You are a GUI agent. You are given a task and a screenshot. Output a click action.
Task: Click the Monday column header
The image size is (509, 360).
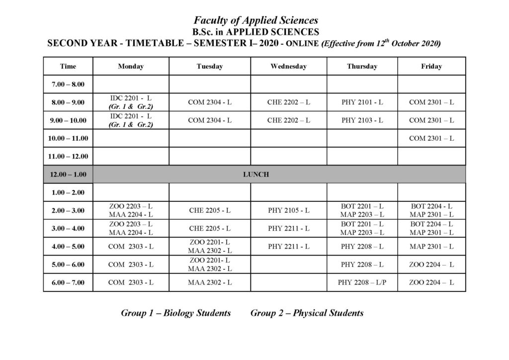click(131, 66)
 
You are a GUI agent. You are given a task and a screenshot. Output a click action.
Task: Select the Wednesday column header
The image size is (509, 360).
click(288, 66)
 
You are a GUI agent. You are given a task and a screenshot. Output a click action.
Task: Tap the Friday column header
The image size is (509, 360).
click(431, 66)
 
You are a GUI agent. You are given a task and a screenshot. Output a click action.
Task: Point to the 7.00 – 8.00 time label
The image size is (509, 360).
click(68, 85)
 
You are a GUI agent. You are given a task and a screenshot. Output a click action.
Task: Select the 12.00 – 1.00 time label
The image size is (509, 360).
click(68, 175)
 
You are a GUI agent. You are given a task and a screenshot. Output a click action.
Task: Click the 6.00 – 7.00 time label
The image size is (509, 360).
click(68, 282)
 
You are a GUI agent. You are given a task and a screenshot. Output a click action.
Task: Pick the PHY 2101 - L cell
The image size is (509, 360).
click(362, 102)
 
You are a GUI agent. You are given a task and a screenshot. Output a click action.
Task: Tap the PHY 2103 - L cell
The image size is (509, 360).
click(362, 120)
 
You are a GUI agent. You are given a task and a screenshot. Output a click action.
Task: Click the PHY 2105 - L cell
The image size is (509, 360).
click(288, 210)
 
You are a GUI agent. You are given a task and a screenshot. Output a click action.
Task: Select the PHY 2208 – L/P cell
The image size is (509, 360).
click(362, 282)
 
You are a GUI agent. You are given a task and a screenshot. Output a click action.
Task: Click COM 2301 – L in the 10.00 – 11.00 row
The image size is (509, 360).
click(431, 138)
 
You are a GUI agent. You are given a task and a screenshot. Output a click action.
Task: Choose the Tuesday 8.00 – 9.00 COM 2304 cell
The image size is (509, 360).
click(209, 102)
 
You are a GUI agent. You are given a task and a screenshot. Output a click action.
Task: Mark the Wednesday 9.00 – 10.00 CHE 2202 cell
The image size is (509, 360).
click(288, 120)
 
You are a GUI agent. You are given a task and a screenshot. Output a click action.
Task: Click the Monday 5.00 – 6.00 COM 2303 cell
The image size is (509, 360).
click(131, 265)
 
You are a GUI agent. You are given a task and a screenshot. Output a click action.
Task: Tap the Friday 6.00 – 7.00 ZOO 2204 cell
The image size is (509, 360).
click(431, 282)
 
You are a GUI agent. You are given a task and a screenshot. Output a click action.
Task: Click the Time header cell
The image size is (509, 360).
click(68, 66)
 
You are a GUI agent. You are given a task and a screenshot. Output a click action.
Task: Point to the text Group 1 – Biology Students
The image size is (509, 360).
click(175, 313)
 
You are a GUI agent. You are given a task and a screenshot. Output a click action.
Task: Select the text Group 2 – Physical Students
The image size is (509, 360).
click(307, 313)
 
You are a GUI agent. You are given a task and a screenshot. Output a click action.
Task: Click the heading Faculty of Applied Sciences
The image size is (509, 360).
click(255, 20)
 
